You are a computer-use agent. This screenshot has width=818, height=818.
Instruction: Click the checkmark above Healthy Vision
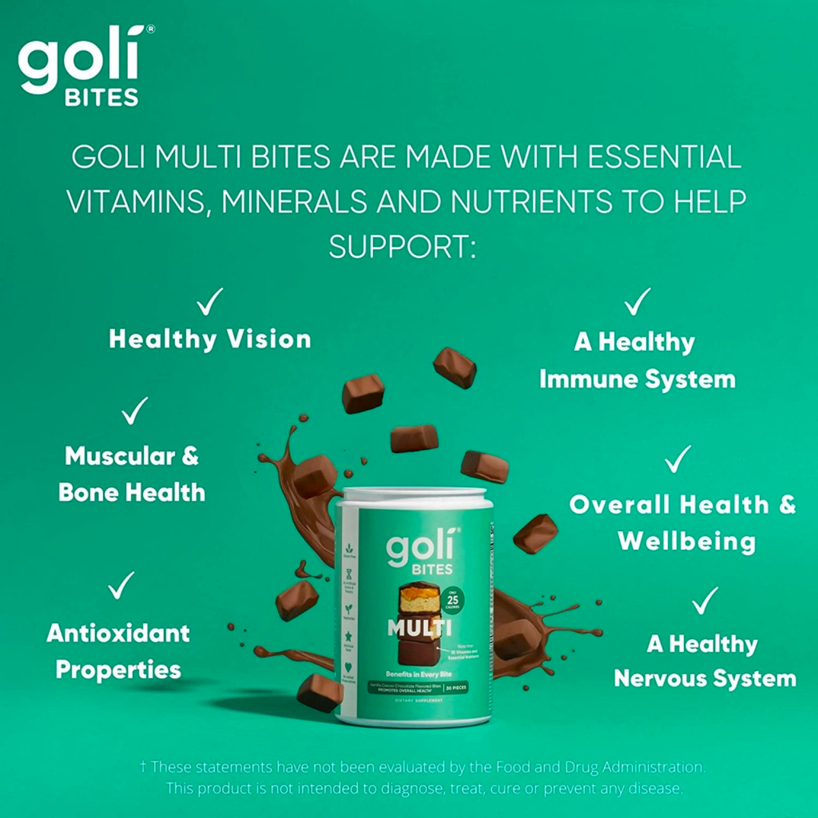209,302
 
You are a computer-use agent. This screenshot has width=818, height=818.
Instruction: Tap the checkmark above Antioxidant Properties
121,585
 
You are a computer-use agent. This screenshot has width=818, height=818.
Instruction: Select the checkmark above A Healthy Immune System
637,302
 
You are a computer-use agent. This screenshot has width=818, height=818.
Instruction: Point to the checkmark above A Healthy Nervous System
705,601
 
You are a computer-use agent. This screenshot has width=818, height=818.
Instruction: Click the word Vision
269,339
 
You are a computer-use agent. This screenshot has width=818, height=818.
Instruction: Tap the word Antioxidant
118,633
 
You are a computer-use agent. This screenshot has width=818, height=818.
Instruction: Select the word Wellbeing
687,541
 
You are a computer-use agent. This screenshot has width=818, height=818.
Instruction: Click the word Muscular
120,456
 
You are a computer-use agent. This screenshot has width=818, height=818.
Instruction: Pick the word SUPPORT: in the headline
403,247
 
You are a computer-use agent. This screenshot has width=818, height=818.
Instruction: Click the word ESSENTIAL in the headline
664,157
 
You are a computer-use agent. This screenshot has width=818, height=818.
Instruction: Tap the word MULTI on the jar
419,628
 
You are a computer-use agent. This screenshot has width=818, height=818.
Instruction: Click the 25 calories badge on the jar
452,599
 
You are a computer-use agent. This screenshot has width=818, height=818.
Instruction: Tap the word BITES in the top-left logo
102,98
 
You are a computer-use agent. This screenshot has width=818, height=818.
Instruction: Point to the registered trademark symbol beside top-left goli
151,29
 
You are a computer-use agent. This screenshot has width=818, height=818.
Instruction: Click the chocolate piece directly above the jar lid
414,439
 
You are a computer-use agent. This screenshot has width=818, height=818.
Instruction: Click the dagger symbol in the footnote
143,766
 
